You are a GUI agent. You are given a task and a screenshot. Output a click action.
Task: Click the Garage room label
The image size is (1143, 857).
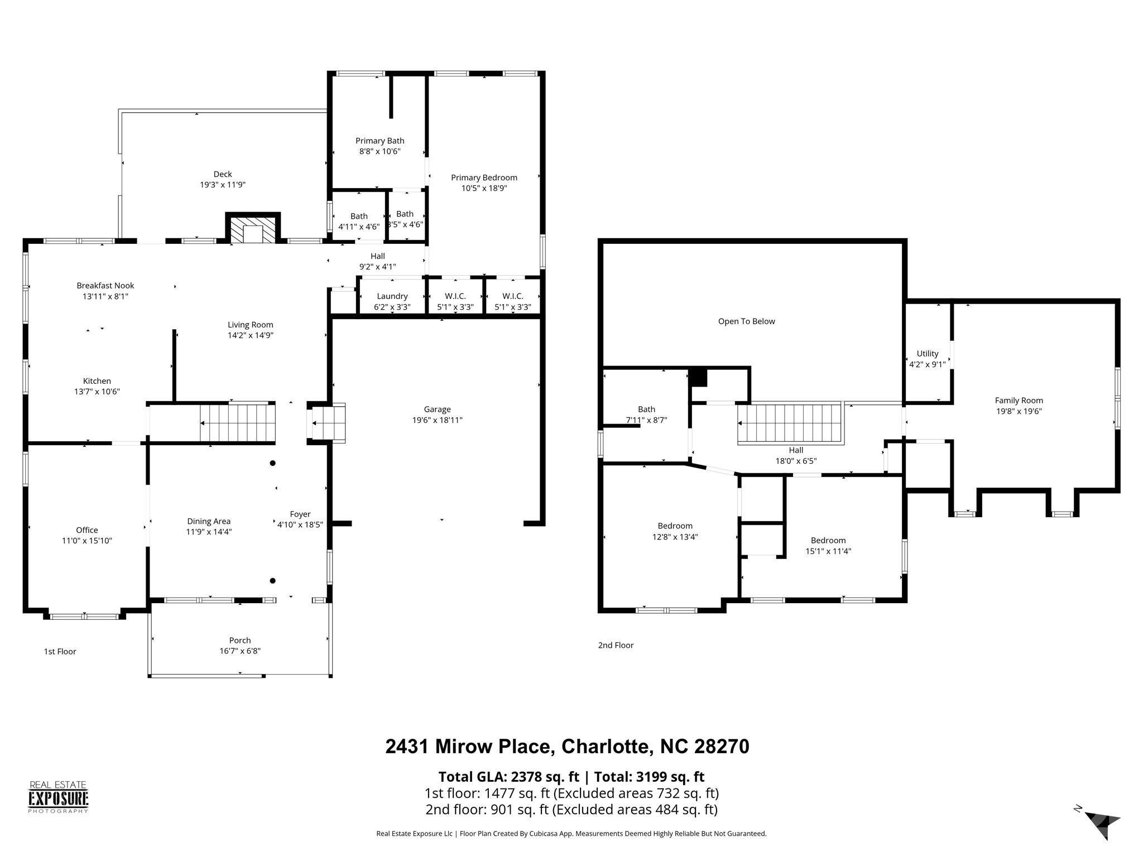(x=437, y=410)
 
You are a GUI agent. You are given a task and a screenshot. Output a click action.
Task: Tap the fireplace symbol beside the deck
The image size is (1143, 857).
(x=253, y=228)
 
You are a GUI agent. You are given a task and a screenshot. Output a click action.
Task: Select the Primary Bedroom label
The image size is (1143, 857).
(x=484, y=177)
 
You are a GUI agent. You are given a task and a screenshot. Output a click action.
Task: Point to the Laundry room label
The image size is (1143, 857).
(x=392, y=296)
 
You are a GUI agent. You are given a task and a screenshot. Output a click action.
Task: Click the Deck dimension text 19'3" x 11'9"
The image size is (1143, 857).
(x=223, y=185)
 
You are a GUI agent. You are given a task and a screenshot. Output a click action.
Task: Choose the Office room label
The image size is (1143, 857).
(x=87, y=530)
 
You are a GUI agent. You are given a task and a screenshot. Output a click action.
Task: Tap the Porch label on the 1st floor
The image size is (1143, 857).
(x=240, y=641)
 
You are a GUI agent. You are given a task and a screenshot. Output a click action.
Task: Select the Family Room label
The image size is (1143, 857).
(x=1019, y=401)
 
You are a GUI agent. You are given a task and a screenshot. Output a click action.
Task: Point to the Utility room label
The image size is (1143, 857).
(x=928, y=354)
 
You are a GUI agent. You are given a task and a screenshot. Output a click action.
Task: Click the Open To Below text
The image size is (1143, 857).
(x=746, y=321)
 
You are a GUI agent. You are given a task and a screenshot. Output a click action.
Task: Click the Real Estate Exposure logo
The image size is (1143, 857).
(x=59, y=797)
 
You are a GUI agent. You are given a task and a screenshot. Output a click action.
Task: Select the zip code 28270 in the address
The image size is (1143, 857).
(x=721, y=747)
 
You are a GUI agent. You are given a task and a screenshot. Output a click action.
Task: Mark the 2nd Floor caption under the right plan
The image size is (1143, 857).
(x=616, y=645)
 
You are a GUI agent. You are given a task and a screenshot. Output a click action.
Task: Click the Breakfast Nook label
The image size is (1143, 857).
(x=105, y=286)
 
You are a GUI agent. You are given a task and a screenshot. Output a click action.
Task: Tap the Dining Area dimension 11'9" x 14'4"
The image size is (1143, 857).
(x=209, y=532)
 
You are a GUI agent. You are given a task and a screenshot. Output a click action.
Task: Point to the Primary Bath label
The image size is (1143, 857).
(x=380, y=141)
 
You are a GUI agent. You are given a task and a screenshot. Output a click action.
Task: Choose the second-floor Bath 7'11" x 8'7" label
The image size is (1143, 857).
(x=646, y=415)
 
